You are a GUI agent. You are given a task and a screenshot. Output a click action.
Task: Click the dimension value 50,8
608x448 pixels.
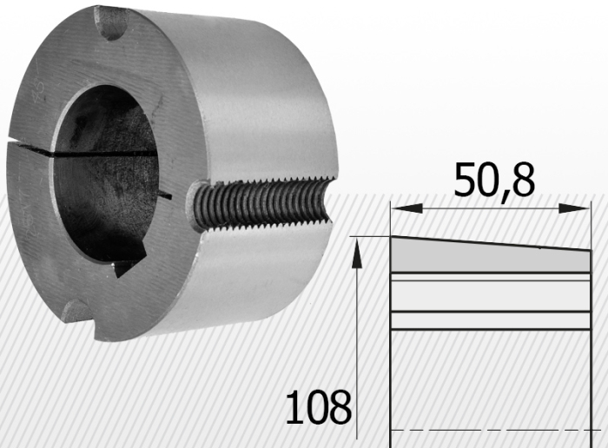[x=494, y=181]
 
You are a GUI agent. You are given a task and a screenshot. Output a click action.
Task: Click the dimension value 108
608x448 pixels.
[x=319, y=406]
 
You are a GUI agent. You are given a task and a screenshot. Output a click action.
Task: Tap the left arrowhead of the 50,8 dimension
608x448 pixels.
[x=406, y=208]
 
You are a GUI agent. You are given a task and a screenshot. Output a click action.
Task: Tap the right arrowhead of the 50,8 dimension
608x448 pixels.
[x=574, y=208]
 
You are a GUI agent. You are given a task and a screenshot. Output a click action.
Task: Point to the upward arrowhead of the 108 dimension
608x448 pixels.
[x=357, y=254]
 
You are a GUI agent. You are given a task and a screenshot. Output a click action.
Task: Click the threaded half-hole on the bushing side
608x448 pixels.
[x=261, y=204]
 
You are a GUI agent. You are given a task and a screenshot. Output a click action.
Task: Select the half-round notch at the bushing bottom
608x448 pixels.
[x=77, y=311]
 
